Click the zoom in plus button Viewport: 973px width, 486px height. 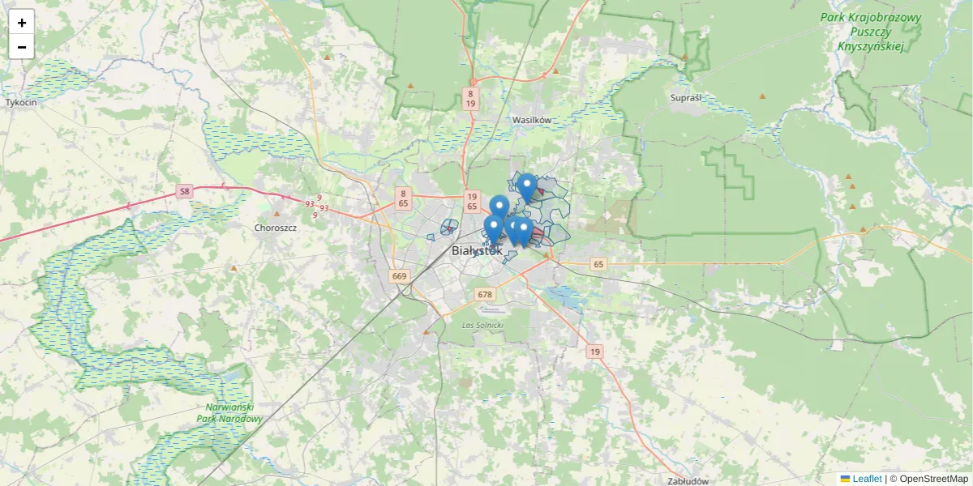coord(21,22)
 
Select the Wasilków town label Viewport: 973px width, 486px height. coord(532,120)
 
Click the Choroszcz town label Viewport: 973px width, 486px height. coord(276,228)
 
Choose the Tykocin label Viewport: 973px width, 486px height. coord(22,103)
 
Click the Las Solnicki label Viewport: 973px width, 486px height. coord(482,325)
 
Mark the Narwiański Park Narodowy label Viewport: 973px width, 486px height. coord(230,413)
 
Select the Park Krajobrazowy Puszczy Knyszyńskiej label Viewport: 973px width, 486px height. coord(871,32)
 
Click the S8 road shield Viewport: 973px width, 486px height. coord(185,192)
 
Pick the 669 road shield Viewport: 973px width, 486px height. coord(399,276)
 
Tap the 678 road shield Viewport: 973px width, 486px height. coord(485,294)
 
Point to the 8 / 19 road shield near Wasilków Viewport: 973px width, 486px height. coord(470,98)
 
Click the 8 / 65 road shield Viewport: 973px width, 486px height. coord(403,198)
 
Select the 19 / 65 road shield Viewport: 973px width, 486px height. coord(472,202)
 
